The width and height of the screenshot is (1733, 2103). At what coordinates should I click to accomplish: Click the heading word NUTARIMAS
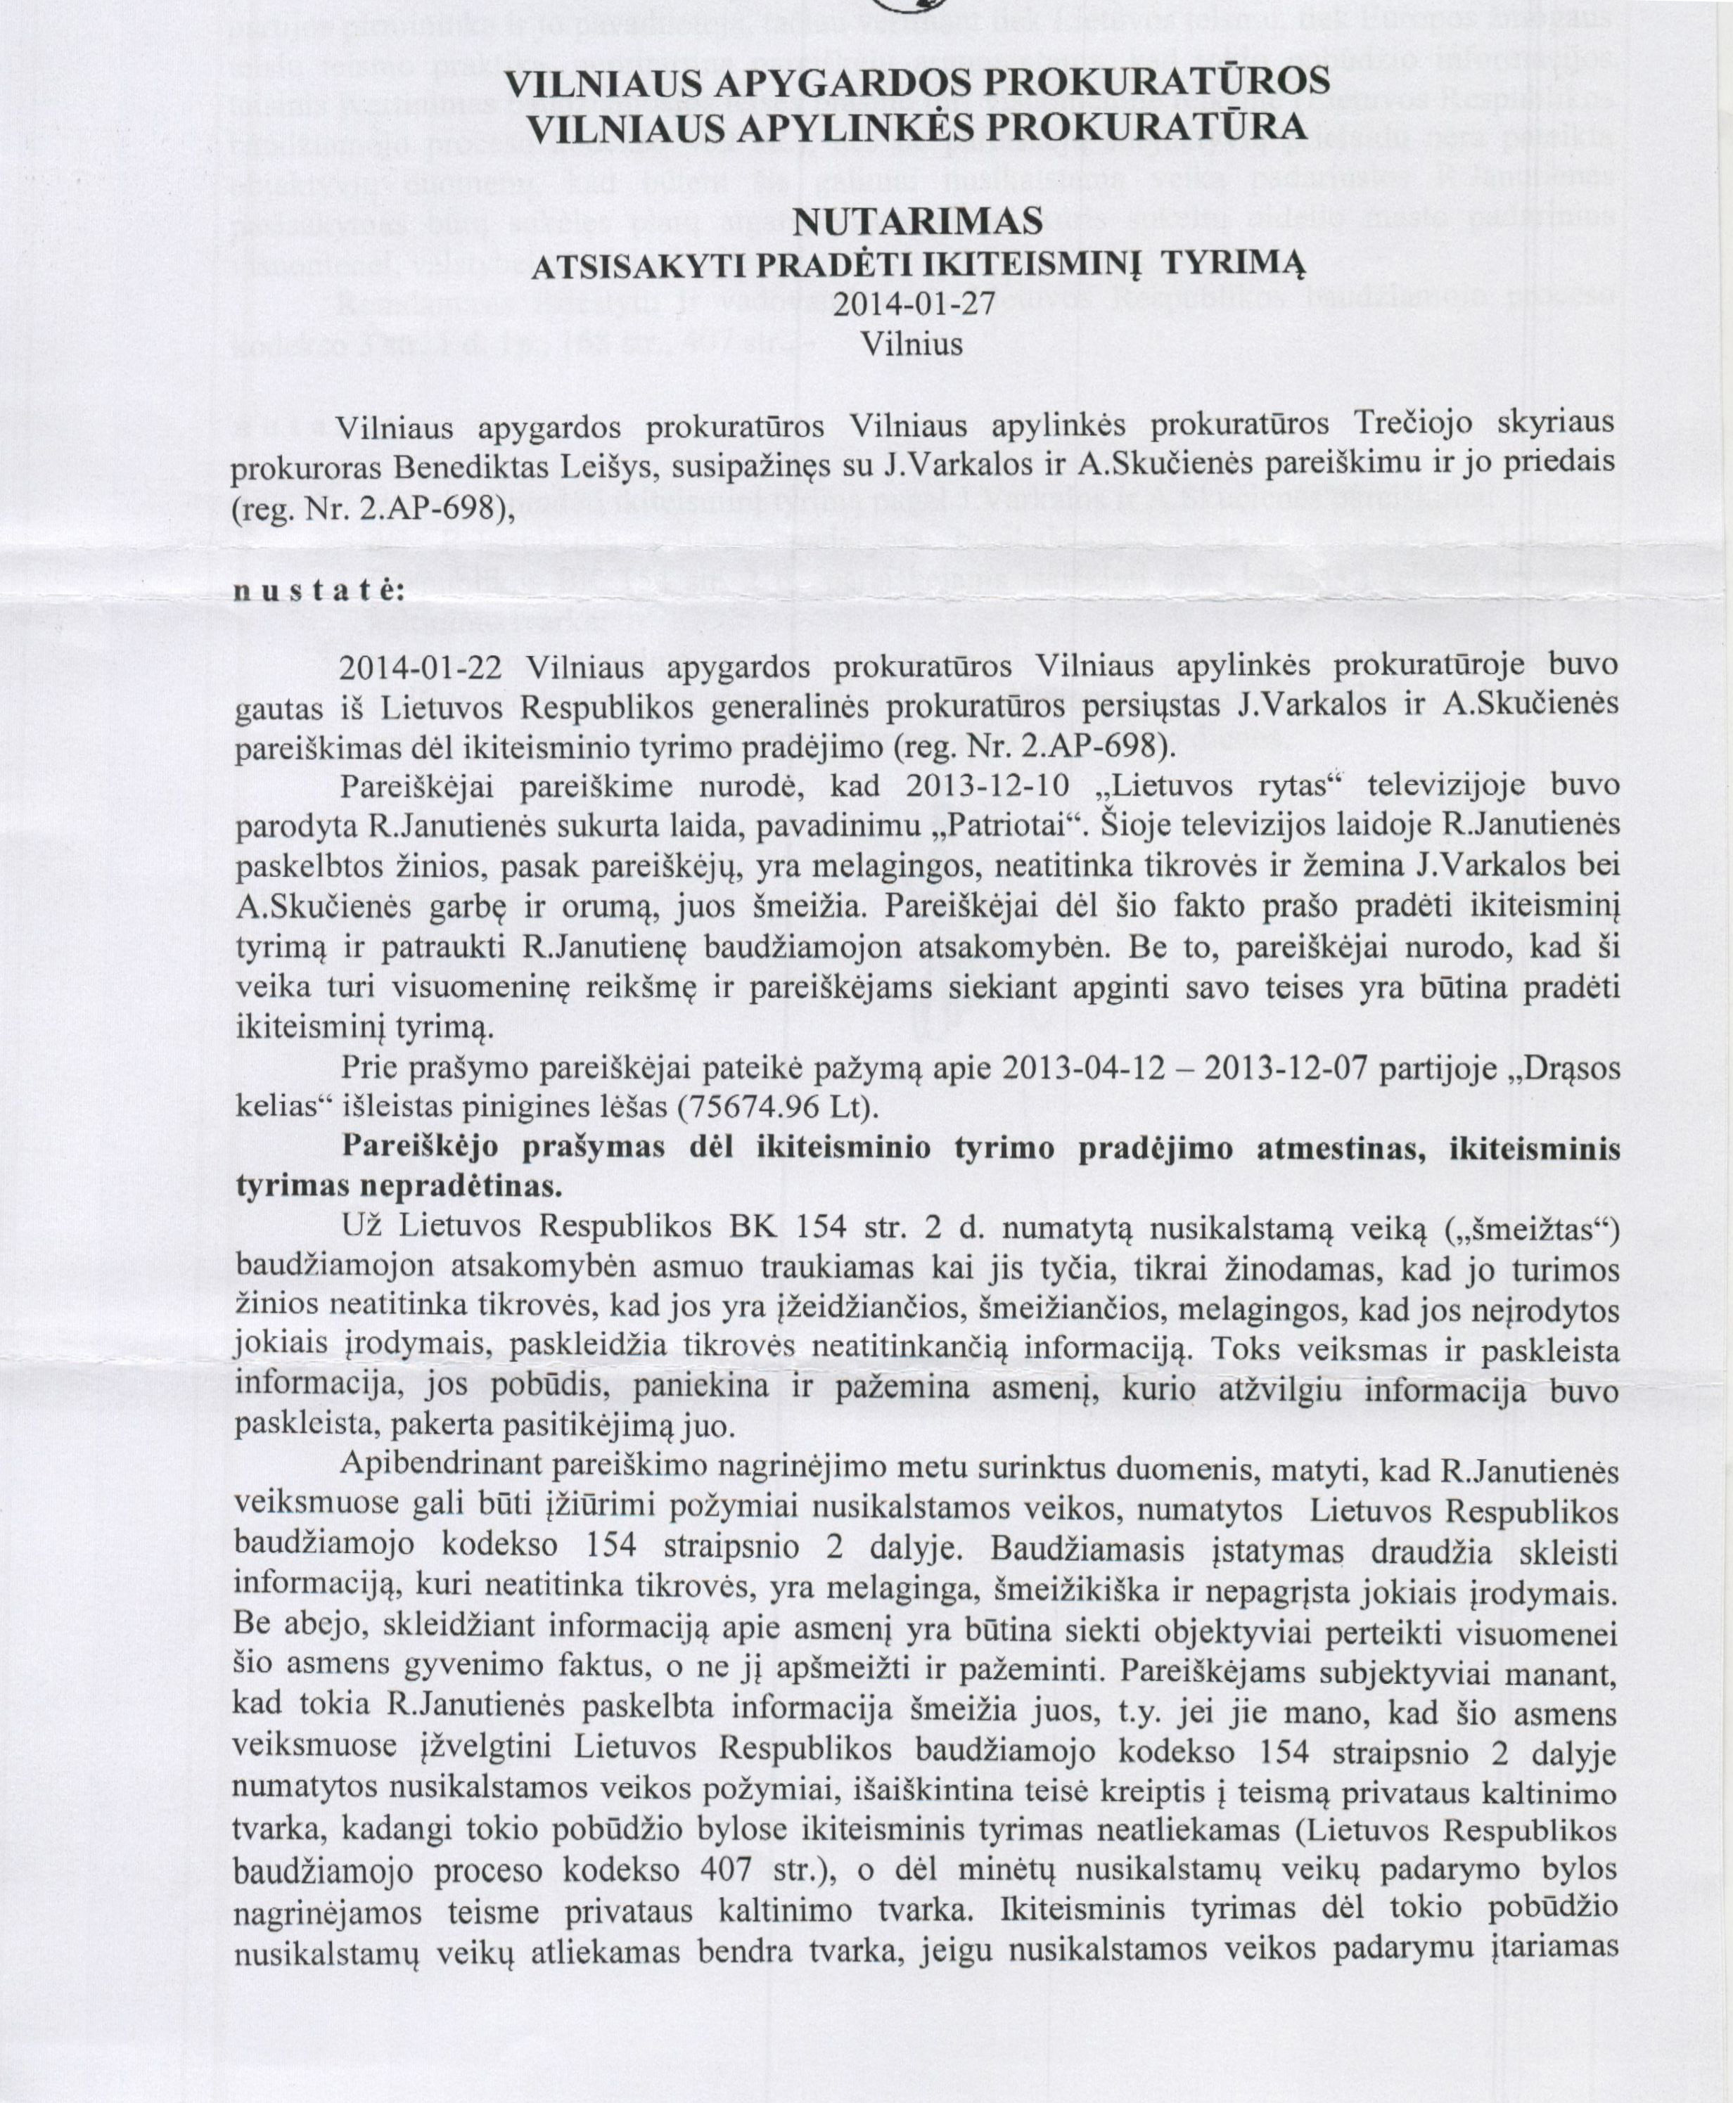tap(916, 219)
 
